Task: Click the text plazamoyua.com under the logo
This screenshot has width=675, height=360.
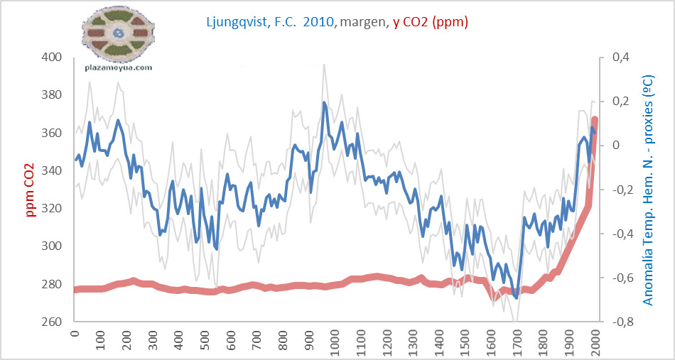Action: click(119, 67)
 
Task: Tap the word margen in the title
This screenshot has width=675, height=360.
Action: click(364, 22)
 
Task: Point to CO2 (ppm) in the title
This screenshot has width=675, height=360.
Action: click(436, 22)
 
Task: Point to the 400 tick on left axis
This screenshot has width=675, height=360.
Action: click(53, 58)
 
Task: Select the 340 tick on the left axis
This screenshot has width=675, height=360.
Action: click(53, 171)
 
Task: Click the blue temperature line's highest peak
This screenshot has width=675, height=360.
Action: click(324, 102)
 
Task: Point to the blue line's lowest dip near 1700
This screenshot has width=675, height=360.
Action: click(517, 298)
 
